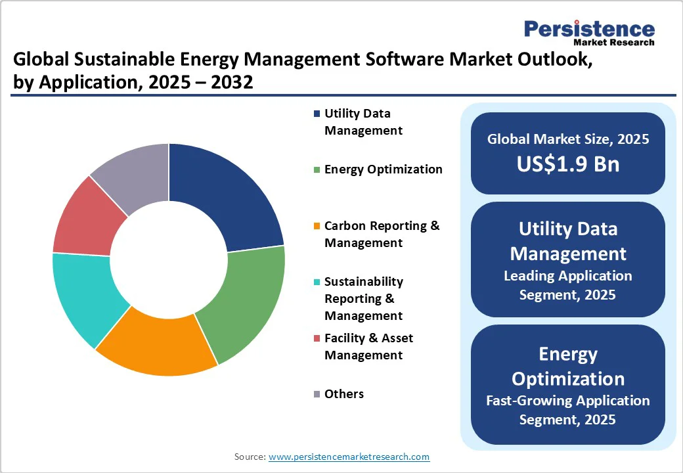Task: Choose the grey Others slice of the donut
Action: pos(135,174)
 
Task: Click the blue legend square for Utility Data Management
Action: pos(318,114)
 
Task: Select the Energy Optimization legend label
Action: pos(383,169)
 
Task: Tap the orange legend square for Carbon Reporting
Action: pos(318,226)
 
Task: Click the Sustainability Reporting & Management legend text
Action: pos(364,298)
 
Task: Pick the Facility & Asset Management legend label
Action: pos(368,346)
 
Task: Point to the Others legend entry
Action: pos(343,394)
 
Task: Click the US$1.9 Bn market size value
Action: pos(567,164)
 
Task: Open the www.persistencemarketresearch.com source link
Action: pos(349,457)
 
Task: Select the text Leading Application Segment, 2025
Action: pos(567,285)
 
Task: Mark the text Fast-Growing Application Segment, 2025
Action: pos(567,409)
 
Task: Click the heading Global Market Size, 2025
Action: pos(567,139)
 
